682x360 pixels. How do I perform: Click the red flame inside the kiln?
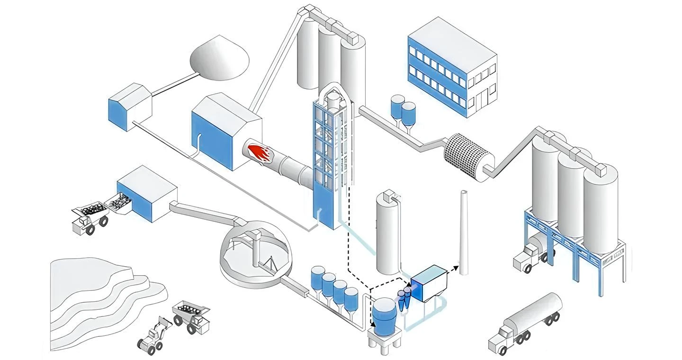pyautogui.click(x=258, y=153)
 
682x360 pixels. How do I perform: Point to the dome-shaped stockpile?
pyautogui.click(x=219, y=57)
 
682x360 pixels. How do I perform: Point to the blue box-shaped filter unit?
pyautogui.click(x=429, y=283)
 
